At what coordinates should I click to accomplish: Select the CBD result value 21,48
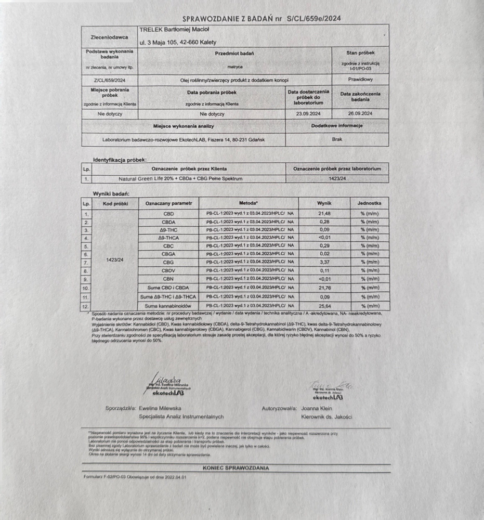[x=324, y=214]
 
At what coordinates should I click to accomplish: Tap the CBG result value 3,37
[x=324, y=262]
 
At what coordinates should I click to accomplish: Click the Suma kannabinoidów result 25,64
[x=324, y=306]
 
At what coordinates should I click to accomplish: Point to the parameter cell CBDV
[x=168, y=270]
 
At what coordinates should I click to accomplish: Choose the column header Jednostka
[x=370, y=203]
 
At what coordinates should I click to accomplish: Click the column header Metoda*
[x=248, y=203]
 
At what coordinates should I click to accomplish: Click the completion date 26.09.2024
[x=360, y=113]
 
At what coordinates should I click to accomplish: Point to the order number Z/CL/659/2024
[x=109, y=80]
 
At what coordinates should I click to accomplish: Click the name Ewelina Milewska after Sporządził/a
[x=160, y=408]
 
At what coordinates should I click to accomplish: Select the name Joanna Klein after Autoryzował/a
[x=317, y=408]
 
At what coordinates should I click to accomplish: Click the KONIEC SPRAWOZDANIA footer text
[x=236, y=468]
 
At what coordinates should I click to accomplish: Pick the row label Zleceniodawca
[x=109, y=37]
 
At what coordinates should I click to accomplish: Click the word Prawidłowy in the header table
[x=360, y=80]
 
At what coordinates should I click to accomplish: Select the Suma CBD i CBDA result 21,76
[x=324, y=288]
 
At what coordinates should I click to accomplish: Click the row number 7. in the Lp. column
[x=86, y=263]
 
